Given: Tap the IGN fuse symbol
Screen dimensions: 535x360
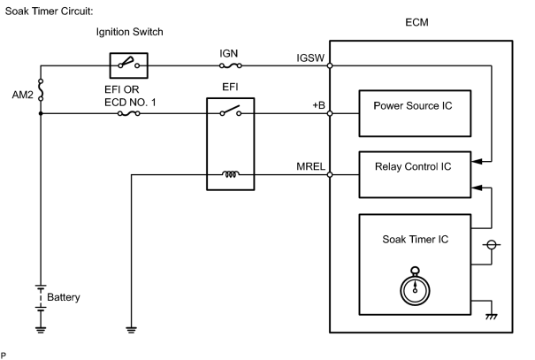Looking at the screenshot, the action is click(x=231, y=65).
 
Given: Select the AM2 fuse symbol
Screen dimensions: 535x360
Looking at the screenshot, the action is click(x=41, y=89).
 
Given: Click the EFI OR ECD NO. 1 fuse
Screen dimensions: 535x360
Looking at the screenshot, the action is click(x=128, y=113).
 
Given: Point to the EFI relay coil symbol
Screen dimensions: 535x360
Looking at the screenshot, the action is click(x=231, y=174).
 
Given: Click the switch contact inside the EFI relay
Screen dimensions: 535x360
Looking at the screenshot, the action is click(x=231, y=111).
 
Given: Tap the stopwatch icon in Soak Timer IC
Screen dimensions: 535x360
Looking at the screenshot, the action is click(x=415, y=286).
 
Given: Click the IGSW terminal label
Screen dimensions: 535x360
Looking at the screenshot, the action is click(x=310, y=58).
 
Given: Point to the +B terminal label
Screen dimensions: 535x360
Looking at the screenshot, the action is click(x=318, y=105).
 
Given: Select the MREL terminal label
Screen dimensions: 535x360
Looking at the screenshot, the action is click(x=310, y=166).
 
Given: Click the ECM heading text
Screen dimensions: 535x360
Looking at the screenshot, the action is click(x=417, y=22).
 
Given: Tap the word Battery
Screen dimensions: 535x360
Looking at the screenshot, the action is click(x=64, y=297).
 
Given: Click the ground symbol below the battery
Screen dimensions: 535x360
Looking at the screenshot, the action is click(x=41, y=330).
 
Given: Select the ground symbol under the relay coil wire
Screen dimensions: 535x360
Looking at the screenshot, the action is click(x=132, y=330).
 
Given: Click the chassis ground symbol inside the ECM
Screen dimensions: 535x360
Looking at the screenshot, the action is click(x=492, y=317).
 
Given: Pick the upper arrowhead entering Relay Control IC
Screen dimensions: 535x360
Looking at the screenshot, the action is click(x=477, y=161).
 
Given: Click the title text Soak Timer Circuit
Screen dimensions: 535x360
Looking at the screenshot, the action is click(x=49, y=11).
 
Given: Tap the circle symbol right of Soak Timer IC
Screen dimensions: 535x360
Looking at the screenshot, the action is click(x=492, y=245).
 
